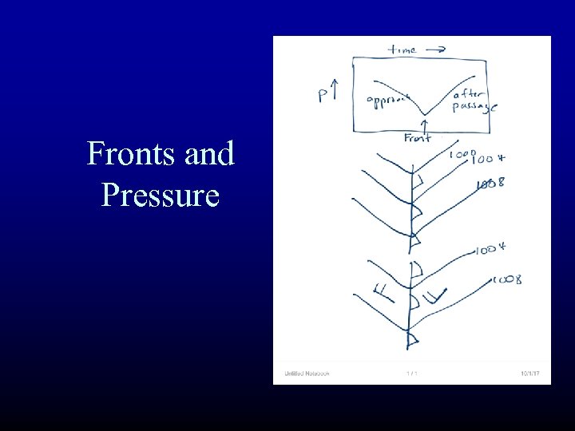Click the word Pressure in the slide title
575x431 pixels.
click(x=160, y=194)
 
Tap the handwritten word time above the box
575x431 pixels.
click(x=402, y=49)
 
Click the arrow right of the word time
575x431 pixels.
click(x=435, y=49)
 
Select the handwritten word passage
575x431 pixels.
click(x=473, y=108)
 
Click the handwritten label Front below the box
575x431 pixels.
click(x=417, y=137)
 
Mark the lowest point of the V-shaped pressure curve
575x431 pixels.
click(x=423, y=113)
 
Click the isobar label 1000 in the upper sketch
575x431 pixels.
click(x=462, y=154)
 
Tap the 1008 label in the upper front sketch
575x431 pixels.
click(x=490, y=185)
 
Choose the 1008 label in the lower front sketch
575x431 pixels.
click(x=508, y=279)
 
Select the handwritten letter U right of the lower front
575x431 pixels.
click(x=433, y=298)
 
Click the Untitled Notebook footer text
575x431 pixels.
click(x=307, y=373)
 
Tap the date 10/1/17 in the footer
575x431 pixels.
click(x=529, y=373)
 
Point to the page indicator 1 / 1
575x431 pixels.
click(x=412, y=373)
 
